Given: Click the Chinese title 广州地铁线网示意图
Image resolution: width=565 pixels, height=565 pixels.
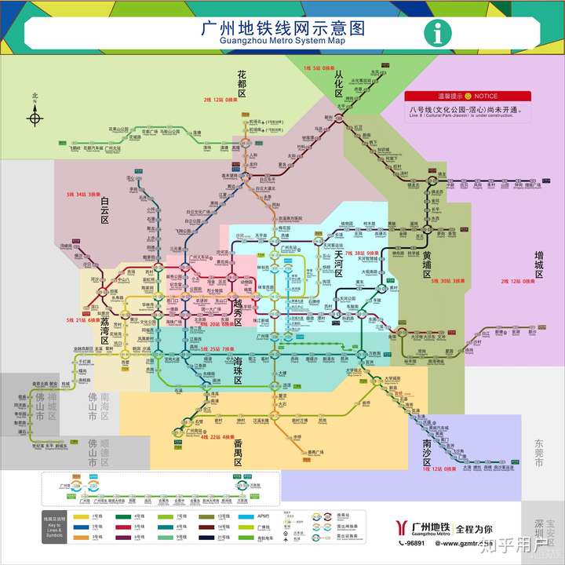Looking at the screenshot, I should pos(283,27).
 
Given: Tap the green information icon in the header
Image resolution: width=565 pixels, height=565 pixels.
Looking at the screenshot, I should pos(436,32).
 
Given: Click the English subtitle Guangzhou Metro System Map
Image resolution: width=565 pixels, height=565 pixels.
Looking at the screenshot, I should pos(282,41).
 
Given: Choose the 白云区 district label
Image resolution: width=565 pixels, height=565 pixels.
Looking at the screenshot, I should pos(105,210).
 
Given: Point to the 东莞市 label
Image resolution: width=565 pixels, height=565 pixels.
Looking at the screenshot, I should pos(539,454).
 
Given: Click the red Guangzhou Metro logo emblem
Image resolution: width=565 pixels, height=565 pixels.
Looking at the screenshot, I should pos(402,528).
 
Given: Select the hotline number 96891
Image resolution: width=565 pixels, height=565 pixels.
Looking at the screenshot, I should pos(414,543).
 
